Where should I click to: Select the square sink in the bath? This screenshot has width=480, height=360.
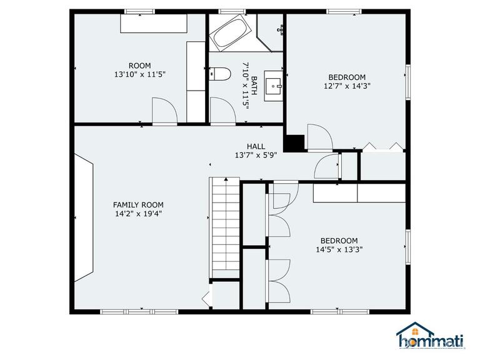point(274,86)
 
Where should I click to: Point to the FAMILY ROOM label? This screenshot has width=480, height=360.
point(138,204)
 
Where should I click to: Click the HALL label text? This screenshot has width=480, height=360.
point(256,146)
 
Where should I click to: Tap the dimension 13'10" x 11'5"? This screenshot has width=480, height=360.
point(139,74)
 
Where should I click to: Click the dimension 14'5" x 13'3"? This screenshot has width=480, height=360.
point(339,249)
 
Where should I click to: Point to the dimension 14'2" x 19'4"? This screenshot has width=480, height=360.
point(138,213)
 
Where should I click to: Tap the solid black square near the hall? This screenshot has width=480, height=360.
point(294,143)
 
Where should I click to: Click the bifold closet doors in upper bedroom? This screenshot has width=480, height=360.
point(382,146)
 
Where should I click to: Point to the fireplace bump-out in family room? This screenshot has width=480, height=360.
point(84,217)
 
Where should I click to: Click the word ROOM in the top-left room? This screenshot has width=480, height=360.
point(139,66)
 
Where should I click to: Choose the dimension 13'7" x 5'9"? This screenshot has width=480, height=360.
point(256,154)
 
